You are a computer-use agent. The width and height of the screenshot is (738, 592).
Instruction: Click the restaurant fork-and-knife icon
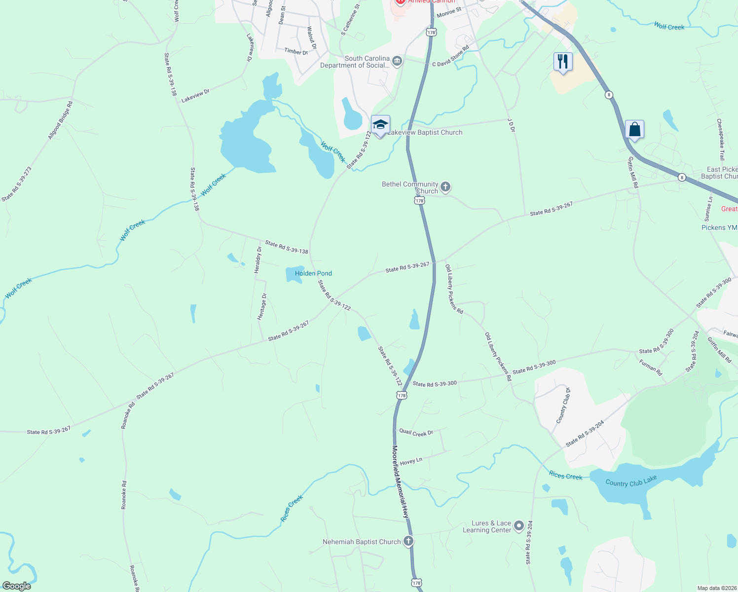point(563,62)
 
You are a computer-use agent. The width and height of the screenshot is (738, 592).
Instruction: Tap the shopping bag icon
point(634,130)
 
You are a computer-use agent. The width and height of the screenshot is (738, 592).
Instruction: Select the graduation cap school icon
point(380,125)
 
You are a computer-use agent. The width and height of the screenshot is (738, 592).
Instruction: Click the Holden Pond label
point(313,273)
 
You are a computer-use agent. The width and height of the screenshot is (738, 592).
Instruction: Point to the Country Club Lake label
point(631,481)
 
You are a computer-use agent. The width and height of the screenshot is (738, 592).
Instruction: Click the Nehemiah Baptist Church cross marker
point(408,541)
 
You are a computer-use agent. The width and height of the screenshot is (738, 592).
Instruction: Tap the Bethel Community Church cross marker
point(445,187)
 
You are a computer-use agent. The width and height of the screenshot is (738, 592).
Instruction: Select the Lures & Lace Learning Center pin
point(518,526)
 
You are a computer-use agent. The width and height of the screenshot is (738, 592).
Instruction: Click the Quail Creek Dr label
point(416,433)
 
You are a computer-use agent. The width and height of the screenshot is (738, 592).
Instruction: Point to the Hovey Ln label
point(411,462)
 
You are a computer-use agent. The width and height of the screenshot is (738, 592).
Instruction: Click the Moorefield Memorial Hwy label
point(401,481)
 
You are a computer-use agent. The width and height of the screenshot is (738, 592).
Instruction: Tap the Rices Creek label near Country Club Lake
point(565,476)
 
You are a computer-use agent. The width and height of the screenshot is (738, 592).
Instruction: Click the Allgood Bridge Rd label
point(60,120)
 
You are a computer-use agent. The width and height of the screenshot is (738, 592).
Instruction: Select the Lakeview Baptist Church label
point(425,132)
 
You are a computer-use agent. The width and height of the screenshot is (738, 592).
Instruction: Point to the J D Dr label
point(511,125)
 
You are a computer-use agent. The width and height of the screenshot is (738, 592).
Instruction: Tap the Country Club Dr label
point(563,406)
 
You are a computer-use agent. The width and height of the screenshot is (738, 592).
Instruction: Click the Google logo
point(16,586)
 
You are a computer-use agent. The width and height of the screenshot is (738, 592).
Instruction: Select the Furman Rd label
point(651,368)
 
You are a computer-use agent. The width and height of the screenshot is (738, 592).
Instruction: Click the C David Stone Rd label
point(450,58)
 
